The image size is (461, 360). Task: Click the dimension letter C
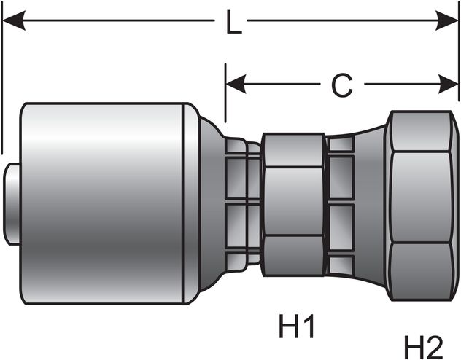tap(341, 85)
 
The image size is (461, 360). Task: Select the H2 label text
tap(424, 346)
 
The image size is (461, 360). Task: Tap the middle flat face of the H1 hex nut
tap(293, 202)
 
